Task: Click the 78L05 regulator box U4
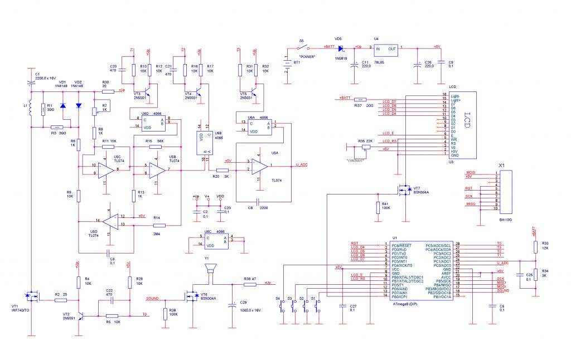(x=385, y=52)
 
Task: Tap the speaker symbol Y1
(x=211, y=269)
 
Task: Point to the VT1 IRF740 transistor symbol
(x=29, y=296)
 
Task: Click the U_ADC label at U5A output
(x=302, y=164)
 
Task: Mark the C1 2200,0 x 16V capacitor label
(x=45, y=76)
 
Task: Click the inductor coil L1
(x=31, y=109)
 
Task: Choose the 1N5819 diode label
(x=341, y=57)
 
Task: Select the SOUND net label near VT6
(x=152, y=299)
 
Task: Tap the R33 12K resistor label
(x=544, y=246)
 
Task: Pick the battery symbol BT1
(x=287, y=62)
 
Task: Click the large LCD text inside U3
(x=467, y=124)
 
